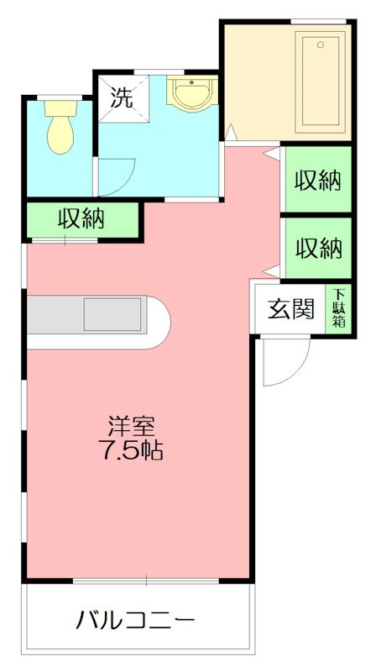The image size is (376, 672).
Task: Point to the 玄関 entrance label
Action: pyautogui.click(x=290, y=309)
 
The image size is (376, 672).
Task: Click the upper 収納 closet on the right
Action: pyautogui.click(x=318, y=181)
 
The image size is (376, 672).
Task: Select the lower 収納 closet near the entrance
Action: pyautogui.click(x=318, y=249)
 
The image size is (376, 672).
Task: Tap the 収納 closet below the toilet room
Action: pyautogui.click(x=81, y=220)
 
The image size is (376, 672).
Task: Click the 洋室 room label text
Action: pyautogui.click(x=129, y=426)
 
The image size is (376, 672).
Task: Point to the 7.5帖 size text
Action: pyautogui.click(x=129, y=451)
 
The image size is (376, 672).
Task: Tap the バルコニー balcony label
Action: pyautogui.click(x=135, y=622)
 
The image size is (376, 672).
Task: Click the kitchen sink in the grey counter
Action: pyautogui.click(x=112, y=314)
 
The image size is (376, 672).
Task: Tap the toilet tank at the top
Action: pyautogui.click(x=60, y=107)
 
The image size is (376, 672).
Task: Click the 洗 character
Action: pyautogui.click(x=123, y=97)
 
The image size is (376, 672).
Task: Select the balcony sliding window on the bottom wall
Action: pyautogui.click(x=146, y=581)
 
